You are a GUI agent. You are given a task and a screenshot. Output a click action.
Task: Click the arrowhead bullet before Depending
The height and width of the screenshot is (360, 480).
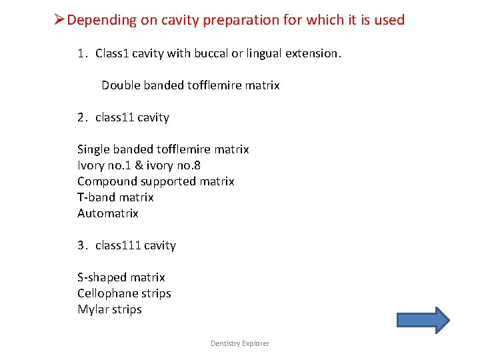click(x=59, y=20)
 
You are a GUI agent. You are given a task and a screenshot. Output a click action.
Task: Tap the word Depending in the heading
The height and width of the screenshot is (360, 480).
click(x=101, y=21)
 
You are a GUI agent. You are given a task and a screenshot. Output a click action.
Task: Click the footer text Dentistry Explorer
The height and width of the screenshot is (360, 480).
click(x=240, y=343)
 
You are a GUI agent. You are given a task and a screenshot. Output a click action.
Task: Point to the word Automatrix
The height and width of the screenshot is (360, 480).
click(x=108, y=213)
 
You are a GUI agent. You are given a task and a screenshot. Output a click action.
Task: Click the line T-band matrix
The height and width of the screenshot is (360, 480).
click(x=115, y=197)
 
